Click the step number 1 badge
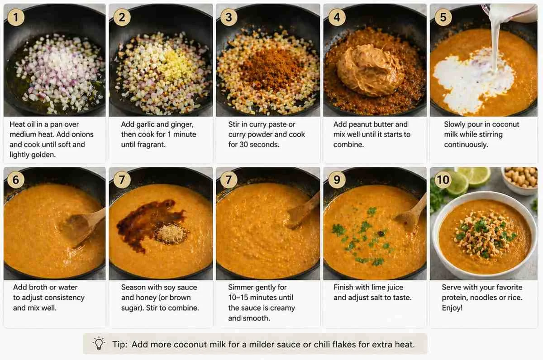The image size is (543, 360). click(16, 18)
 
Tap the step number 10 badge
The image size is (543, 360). click(443, 180)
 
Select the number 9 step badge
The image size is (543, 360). click(337, 180)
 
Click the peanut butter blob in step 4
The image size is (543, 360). click(371, 70)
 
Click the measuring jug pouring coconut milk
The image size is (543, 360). click(511, 13)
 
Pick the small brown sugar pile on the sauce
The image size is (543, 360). click(171, 234)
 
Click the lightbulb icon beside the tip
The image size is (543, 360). click(99, 344)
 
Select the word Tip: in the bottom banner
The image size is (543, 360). click(120, 344)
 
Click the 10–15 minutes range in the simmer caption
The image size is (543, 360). click(261, 298)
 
